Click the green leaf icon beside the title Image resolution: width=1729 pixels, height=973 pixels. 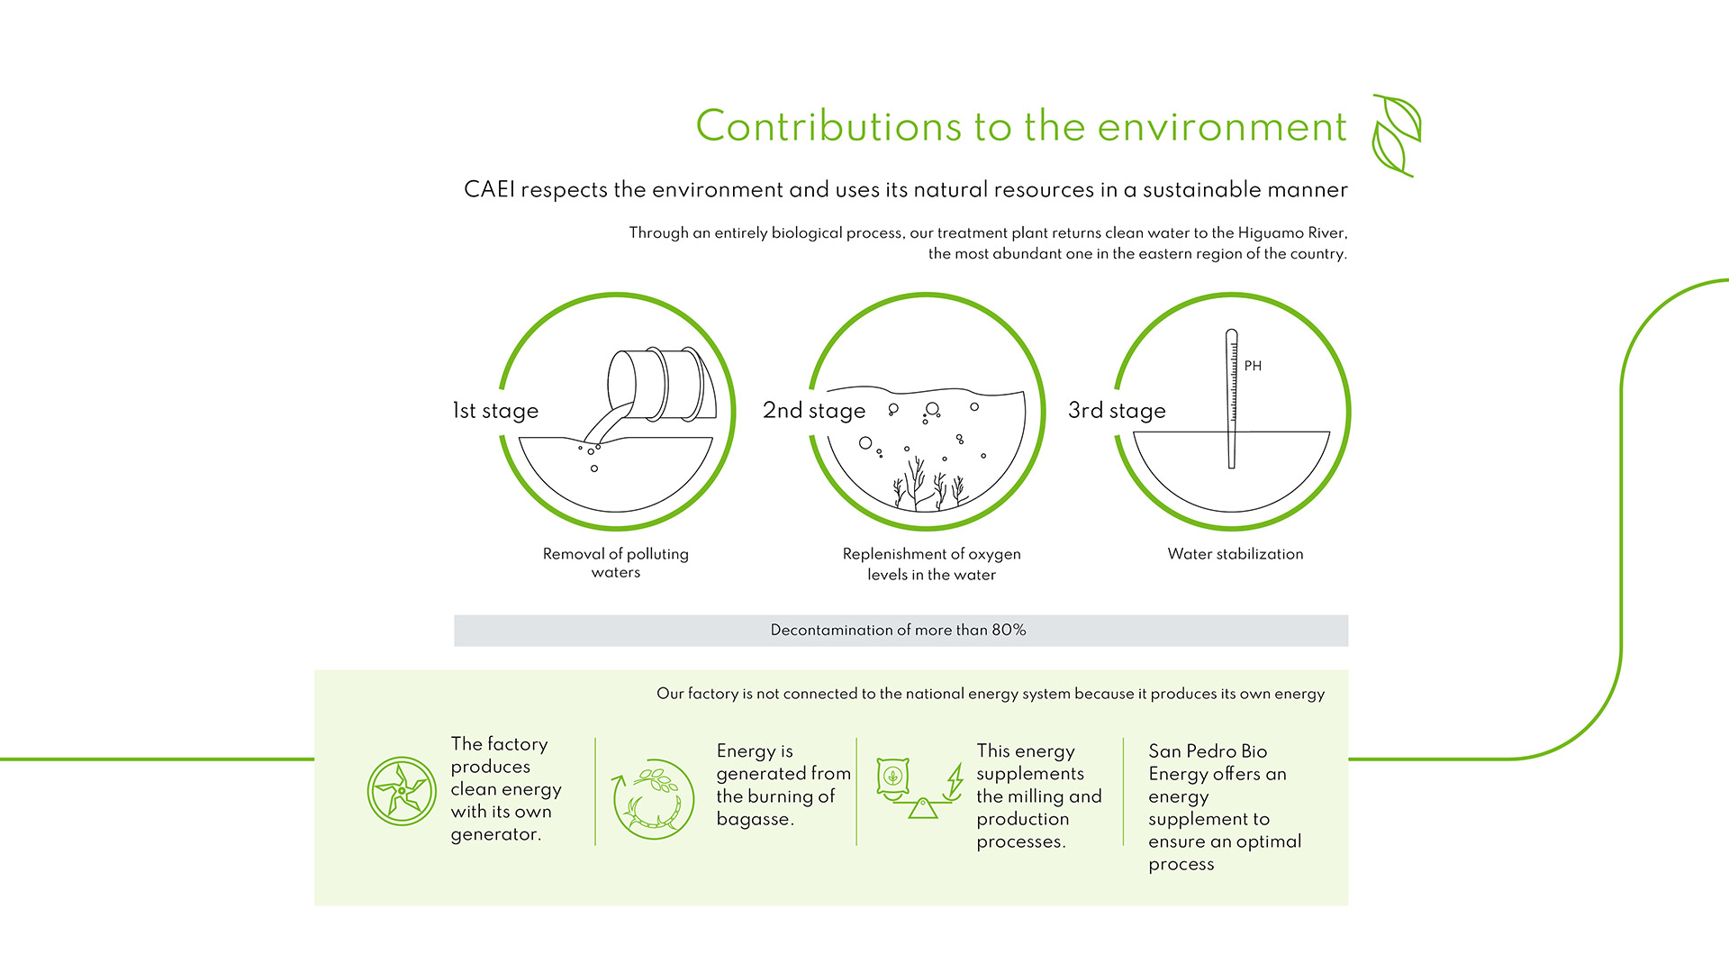pos(1397,135)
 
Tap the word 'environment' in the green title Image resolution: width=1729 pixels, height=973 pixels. pos(1222,126)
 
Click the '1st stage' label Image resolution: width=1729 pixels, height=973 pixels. pos(495,411)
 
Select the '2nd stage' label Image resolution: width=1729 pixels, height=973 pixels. pos(814,411)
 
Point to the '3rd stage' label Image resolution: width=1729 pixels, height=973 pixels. pos(1117,411)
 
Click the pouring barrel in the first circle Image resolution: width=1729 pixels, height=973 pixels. pos(662,384)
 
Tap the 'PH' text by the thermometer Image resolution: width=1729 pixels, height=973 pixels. pos(1253,366)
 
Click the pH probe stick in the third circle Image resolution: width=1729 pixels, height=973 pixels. pos(1231,398)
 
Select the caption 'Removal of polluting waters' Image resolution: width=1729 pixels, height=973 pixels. pos(616,563)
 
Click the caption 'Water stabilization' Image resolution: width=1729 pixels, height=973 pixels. pos(1236,554)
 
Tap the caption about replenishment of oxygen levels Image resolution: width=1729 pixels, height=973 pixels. pos(932,564)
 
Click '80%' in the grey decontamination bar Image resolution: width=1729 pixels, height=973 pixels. pos(1009,630)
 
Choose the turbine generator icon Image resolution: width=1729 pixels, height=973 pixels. pos(402,791)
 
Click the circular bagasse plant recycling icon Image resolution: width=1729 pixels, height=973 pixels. pos(653,799)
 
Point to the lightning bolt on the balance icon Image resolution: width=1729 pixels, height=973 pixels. pos(955,779)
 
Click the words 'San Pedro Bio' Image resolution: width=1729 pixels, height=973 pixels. pos(1208,751)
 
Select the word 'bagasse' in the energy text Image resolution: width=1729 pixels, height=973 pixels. pos(755,819)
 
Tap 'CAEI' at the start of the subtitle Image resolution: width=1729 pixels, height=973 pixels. pos(489,190)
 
